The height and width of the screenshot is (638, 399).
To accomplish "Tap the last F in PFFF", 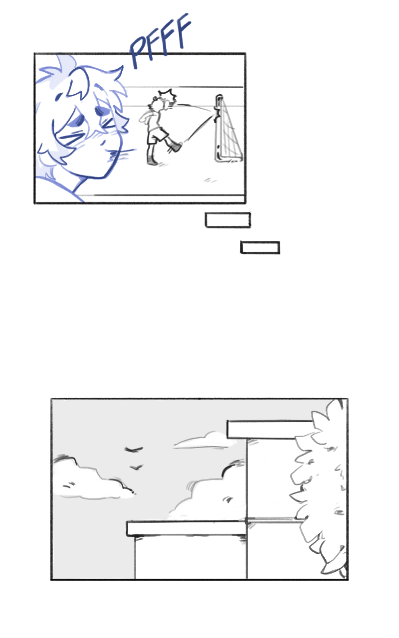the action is coord(181,31).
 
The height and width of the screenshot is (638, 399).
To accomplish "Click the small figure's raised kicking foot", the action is coord(176,147).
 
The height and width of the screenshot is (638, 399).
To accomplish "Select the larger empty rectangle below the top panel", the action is coord(228,220).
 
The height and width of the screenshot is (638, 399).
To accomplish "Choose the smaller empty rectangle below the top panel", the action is coord(260,248).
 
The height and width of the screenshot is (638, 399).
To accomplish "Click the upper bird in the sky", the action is coord(133,450).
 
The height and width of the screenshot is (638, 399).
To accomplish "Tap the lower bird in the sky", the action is coord(136,468).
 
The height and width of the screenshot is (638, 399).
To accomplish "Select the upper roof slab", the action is coord(269,430).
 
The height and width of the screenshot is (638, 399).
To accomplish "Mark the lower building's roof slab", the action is coord(187,529).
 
